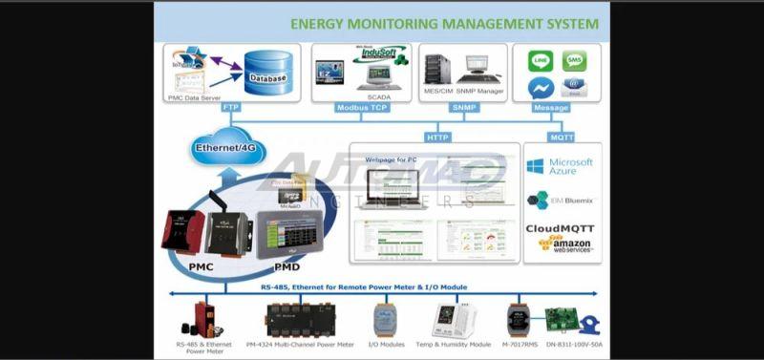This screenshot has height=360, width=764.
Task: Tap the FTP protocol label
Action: pos(230,108)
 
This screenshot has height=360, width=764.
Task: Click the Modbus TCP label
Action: pos(363,108)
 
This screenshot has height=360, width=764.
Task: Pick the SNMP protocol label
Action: pos(463,108)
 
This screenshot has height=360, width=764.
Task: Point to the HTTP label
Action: pos(437,137)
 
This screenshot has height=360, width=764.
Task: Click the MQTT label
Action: pos(562,137)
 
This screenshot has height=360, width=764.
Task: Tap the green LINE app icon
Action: pos(541,61)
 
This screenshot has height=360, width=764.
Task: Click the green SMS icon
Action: pos(574,61)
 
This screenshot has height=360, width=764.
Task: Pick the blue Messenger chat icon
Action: pos(541,88)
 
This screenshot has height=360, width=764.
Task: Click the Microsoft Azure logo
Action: pos(561,168)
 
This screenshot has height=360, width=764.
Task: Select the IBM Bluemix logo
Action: pos(561,201)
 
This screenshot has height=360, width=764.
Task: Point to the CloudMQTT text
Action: pos(562,229)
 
